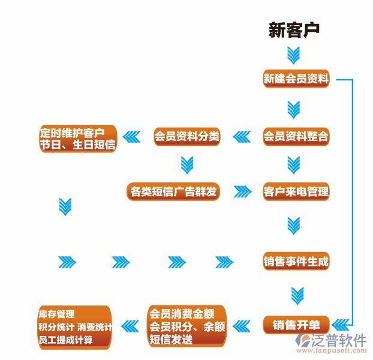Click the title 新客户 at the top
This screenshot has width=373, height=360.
click(x=294, y=30)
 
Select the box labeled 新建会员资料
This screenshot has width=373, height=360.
click(x=296, y=79)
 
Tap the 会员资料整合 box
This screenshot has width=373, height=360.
click(x=296, y=137)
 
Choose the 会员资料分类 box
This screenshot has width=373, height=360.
click(x=187, y=137)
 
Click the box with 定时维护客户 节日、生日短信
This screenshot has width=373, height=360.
click(x=77, y=139)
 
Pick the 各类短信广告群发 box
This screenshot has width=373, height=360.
click(x=173, y=192)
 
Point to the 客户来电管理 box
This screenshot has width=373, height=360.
click(x=296, y=192)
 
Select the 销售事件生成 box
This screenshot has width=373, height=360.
click(x=296, y=262)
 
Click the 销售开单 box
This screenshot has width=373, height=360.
click(x=296, y=325)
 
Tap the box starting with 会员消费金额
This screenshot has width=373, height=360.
click(x=187, y=326)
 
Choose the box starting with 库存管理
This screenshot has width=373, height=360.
click(x=74, y=328)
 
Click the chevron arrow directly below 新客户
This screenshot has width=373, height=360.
click(x=293, y=55)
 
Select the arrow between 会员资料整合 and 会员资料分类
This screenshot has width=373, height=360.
click(x=242, y=137)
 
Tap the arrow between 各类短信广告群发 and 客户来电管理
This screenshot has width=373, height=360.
click(x=242, y=192)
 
